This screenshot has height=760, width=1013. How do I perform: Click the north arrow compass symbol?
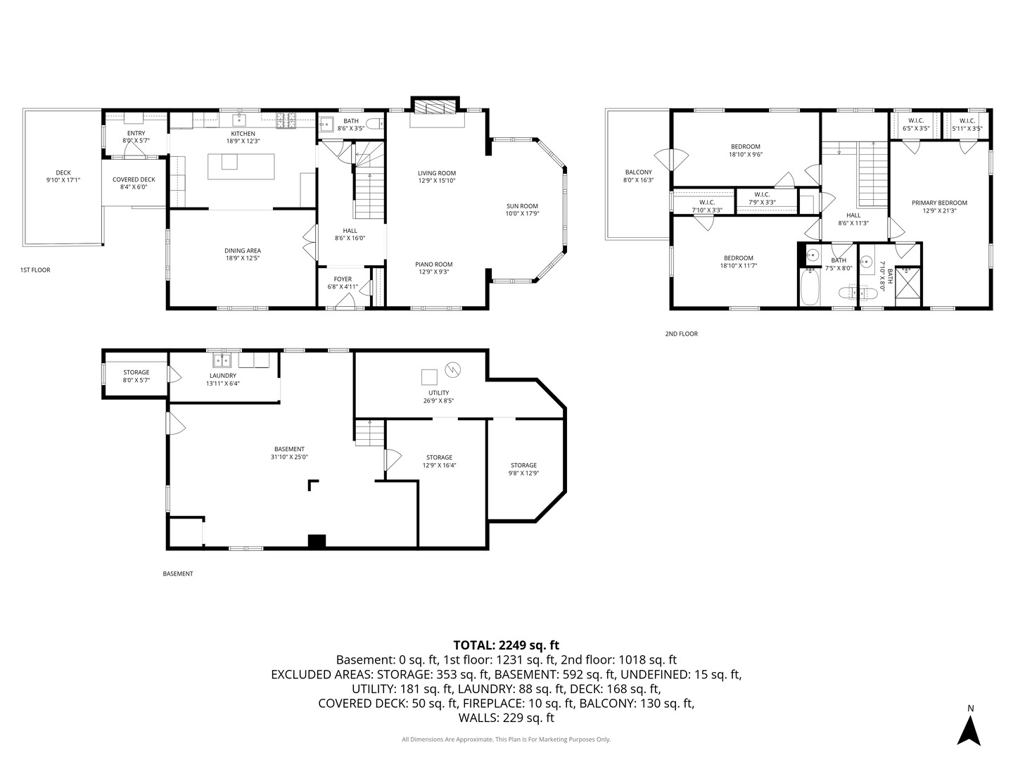pyautogui.click(x=970, y=731)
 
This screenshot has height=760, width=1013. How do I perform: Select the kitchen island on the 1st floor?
pyautogui.click(x=241, y=166)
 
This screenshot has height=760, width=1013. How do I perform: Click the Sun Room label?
pyautogui.click(x=523, y=206)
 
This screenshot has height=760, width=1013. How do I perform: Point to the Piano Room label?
pyautogui.click(x=434, y=265)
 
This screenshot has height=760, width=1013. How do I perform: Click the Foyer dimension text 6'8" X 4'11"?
pyautogui.click(x=343, y=286)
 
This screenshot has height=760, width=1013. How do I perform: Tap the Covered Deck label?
pyautogui.click(x=134, y=179)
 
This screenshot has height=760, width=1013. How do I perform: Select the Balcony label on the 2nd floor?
pyautogui.click(x=638, y=172)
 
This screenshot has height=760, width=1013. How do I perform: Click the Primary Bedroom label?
pyautogui.click(x=939, y=203)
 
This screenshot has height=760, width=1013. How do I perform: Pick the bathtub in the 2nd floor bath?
pyautogui.click(x=809, y=287)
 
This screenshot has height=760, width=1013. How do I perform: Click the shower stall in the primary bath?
pyautogui.click(x=907, y=286)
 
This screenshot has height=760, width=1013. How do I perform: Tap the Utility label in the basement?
pyautogui.click(x=438, y=393)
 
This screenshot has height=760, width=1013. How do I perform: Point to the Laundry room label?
pyautogui.click(x=222, y=376)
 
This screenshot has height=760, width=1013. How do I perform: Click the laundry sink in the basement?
pyautogui.click(x=222, y=360)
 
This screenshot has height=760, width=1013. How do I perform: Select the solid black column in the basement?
pyautogui.click(x=317, y=541)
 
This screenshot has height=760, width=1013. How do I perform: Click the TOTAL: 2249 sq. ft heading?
pyautogui.click(x=507, y=645)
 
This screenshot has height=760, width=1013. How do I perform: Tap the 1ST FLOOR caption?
pyautogui.click(x=35, y=270)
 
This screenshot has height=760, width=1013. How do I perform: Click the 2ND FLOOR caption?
pyautogui.click(x=681, y=334)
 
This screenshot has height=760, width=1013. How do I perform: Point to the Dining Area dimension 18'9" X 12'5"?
pyautogui.click(x=242, y=258)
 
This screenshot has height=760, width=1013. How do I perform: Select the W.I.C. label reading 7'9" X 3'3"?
pyautogui.click(x=762, y=202)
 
